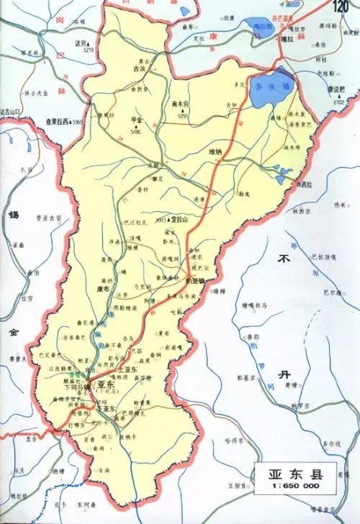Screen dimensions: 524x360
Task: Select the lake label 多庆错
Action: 268,86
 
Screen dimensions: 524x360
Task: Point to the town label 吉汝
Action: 139,69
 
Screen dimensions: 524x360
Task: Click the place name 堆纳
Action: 217,152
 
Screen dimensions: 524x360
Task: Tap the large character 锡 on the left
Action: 12,215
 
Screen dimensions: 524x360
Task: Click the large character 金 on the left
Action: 12,333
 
